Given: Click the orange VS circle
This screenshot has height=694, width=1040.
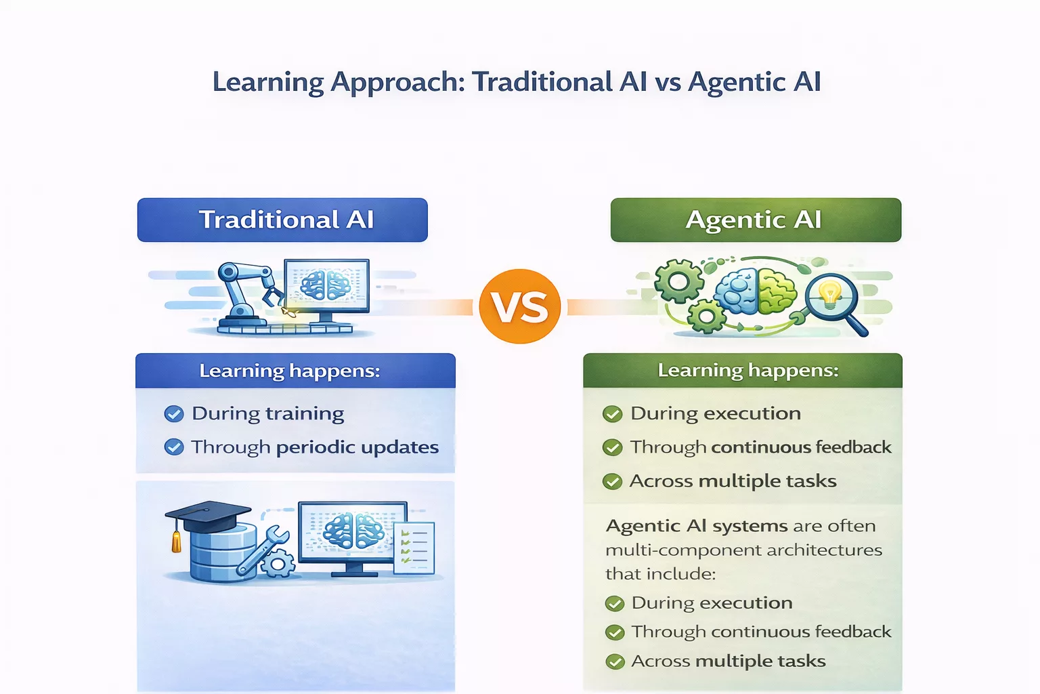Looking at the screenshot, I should tap(519, 306).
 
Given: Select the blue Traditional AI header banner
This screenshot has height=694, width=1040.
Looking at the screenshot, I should tap(282, 220).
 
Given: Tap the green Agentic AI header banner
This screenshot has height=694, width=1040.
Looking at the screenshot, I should tap(756, 220).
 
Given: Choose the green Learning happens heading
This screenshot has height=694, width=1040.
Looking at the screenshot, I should tap(748, 370).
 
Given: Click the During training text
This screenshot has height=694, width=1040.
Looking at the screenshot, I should tap(267, 413).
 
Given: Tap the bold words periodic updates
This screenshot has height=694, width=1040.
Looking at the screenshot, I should tap(357, 447).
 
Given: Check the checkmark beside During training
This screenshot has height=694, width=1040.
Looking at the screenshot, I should tap(174, 414).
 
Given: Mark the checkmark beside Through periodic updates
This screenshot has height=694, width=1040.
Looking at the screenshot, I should tap(174, 447).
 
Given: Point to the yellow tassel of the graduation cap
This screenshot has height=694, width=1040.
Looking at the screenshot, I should tap(177, 542).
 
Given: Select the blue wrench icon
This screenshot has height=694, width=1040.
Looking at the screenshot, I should tap(261, 550).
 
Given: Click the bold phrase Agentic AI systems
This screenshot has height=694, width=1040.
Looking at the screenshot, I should tap(697, 526).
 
